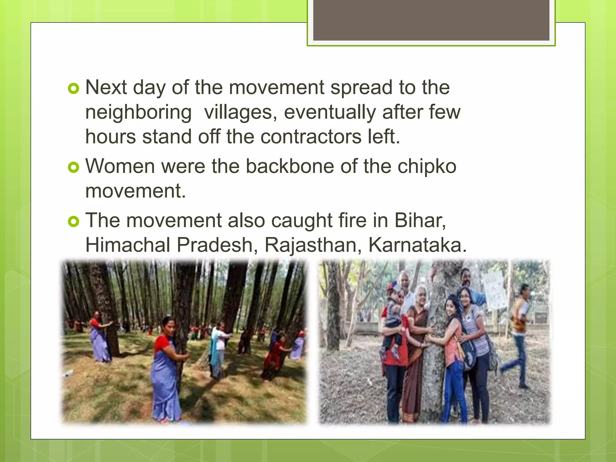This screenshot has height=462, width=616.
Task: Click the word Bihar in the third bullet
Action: click(419, 220)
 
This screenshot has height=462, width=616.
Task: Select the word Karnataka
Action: click(417, 245)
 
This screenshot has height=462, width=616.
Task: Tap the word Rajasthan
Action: click(313, 245)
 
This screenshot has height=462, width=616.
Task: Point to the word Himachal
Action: click(128, 245)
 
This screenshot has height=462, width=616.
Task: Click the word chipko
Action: click(427, 166)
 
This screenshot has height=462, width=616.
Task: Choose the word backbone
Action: click(290, 166)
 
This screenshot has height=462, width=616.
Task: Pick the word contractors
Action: click(311, 137)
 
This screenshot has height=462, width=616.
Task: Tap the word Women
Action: click(120, 166)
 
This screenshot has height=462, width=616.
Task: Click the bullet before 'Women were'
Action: click(73, 167)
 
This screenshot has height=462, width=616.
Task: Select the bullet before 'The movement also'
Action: click(73, 222)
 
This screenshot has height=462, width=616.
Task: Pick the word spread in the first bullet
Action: click(361, 88)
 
